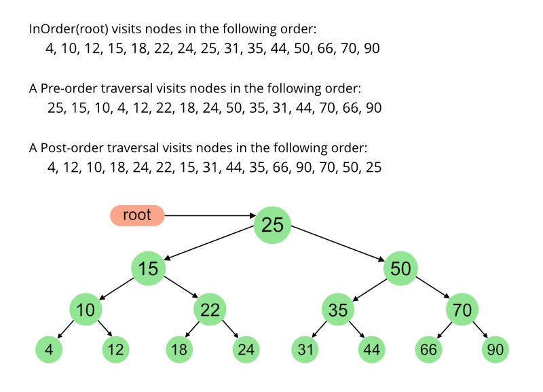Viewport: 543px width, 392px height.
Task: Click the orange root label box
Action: pyautogui.click(x=137, y=215)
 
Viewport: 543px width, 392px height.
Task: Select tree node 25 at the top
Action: pyautogui.click(x=272, y=225)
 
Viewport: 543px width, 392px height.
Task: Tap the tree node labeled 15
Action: pyautogui.click(x=149, y=268)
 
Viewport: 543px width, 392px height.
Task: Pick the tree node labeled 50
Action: pyautogui.click(x=400, y=268)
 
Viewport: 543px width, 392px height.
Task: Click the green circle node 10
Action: pyautogui.click(x=86, y=310)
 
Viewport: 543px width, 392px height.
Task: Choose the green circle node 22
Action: pyautogui.click(x=210, y=310)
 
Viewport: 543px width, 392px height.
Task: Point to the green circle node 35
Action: pyautogui.click(x=338, y=310)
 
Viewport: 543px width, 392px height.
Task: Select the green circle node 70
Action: pyautogui.click(x=463, y=310)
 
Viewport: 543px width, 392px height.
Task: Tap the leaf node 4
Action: pyautogui.click(x=50, y=350)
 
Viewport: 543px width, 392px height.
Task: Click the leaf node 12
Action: pyautogui.click(x=116, y=350)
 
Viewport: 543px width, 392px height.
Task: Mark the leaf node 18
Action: pyautogui.click(x=180, y=350)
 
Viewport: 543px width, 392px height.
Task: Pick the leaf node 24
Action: pyautogui.click(x=246, y=350)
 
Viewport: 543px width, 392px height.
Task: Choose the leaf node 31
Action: pyautogui.click(x=305, y=350)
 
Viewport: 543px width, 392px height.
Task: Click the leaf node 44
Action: pyautogui.click(x=371, y=350)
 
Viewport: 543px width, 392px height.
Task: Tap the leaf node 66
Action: pyautogui.click(x=429, y=350)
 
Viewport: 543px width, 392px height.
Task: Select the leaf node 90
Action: pyautogui.click(x=495, y=350)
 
